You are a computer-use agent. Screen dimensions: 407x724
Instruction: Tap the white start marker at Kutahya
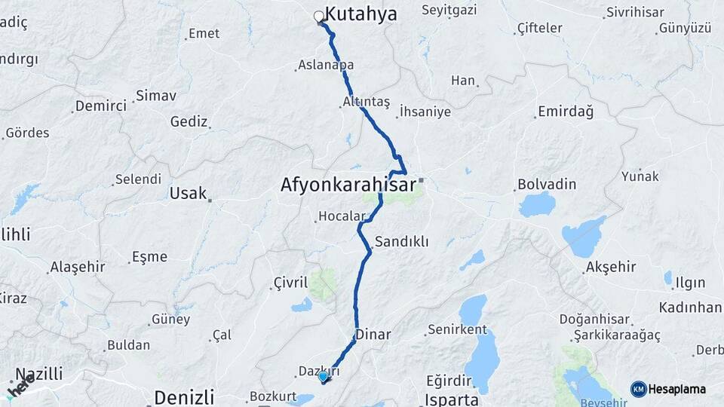click(318, 15)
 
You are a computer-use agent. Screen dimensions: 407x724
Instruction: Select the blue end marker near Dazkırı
click(323, 376)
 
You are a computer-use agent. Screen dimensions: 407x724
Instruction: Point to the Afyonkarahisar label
click(348, 184)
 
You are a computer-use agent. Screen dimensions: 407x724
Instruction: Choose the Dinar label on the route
click(373, 334)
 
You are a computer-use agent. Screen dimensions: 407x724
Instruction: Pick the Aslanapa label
click(326, 66)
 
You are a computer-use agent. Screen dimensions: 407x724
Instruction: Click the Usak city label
click(188, 193)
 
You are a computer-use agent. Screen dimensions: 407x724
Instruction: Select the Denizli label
click(184, 396)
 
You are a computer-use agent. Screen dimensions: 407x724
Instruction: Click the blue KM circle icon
click(639, 389)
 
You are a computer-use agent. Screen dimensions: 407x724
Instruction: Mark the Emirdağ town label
click(566, 112)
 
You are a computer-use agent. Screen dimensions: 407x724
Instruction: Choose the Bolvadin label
click(547, 185)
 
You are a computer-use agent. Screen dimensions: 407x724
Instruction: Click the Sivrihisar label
click(635, 13)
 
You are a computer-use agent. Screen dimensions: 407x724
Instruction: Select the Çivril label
click(290, 283)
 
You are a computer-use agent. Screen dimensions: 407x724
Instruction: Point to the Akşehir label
click(611, 267)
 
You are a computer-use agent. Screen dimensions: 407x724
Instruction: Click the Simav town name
click(155, 96)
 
